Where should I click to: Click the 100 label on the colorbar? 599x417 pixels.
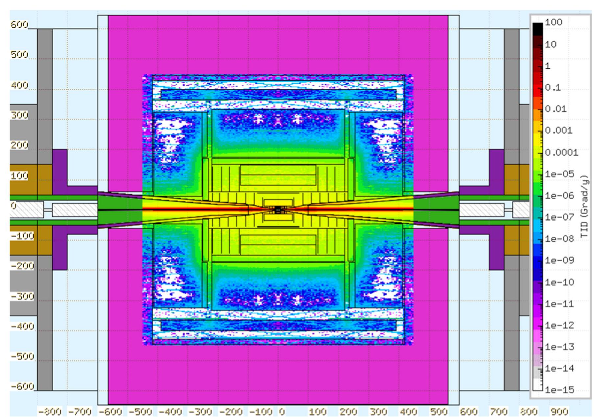coord(554,22)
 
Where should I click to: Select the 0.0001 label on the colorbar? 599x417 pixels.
coord(561,153)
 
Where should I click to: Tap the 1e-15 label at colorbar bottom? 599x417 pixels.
coord(559,390)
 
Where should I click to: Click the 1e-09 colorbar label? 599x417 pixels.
coord(559,260)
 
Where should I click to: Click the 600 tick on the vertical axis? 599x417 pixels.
coord(19,25)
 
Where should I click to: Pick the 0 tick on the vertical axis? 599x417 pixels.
coord(13,206)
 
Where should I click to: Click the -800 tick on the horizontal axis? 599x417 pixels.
coord(49,412)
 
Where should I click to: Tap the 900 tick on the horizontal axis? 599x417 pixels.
coord(559,412)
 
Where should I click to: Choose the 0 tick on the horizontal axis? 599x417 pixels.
coord(282,412)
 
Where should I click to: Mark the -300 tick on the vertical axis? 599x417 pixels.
coord(22,296)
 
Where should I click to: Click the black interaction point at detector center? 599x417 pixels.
coord(278,209)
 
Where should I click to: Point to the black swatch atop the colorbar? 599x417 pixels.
coord(537,28)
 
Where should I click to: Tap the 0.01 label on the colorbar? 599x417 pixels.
coord(556,109)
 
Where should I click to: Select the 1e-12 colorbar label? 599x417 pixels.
coord(559,325)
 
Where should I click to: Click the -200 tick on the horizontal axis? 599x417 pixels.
coord(231,412)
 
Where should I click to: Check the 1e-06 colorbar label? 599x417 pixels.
coord(559,196)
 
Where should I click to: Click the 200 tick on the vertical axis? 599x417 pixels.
coord(19,145)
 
